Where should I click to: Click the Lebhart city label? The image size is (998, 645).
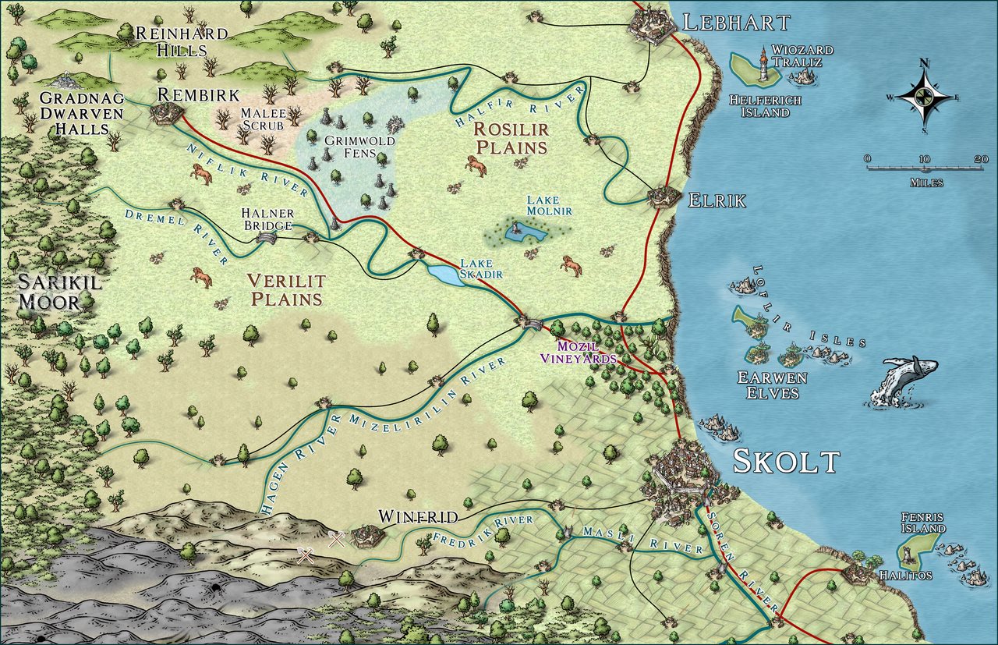pos(736,23)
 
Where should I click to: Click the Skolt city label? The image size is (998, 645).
pos(786,462)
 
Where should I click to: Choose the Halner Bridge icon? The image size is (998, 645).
pos(267,236)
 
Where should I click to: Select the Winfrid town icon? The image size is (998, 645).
pos(365,535)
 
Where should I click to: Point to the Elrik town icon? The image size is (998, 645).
pos(662,196)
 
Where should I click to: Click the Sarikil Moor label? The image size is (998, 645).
pos(59,292)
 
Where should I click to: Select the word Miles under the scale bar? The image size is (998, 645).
pos(925,183)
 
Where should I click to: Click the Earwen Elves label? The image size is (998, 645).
pos(772,385)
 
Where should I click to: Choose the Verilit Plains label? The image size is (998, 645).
pos(285,289)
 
